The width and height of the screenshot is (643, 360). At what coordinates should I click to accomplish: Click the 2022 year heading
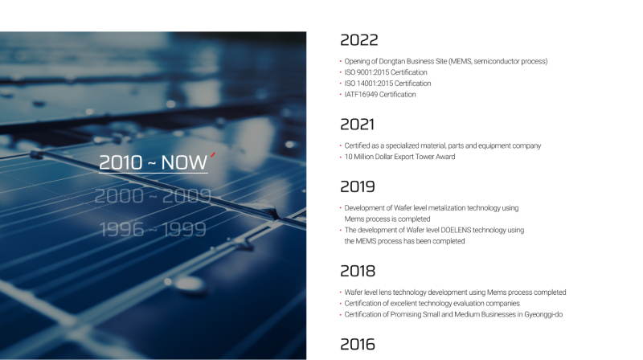click(358, 39)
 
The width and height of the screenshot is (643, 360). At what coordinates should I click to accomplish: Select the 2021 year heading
click(357, 125)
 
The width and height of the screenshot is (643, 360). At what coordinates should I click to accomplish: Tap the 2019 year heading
click(358, 186)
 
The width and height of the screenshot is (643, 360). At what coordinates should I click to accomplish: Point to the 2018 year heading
click(358, 271)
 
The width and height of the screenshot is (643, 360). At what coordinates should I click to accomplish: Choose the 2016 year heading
click(358, 345)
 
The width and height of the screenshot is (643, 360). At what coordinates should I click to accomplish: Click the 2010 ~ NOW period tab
click(154, 163)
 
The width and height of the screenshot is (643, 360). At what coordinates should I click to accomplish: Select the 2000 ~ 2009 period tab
click(153, 196)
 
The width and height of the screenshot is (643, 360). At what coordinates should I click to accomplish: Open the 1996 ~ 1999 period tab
click(153, 229)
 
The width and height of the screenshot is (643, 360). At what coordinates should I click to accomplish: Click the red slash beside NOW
click(213, 154)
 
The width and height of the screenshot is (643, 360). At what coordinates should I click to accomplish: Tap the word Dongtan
click(392, 62)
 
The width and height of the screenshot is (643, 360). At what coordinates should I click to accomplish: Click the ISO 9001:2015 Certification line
click(386, 72)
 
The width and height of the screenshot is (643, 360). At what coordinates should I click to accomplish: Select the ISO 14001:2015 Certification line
click(387, 84)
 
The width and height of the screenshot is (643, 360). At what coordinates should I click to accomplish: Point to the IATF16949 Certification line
click(379, 95)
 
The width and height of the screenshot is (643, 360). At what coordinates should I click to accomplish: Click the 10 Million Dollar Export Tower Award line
click(399, 157)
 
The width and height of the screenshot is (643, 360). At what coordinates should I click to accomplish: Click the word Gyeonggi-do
click(543, 314)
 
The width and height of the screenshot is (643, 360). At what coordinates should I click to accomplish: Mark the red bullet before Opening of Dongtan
click(340, 61)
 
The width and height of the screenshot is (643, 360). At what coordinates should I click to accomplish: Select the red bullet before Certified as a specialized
click(340, 145)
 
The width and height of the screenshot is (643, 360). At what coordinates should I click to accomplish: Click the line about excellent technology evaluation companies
click(432, 304)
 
